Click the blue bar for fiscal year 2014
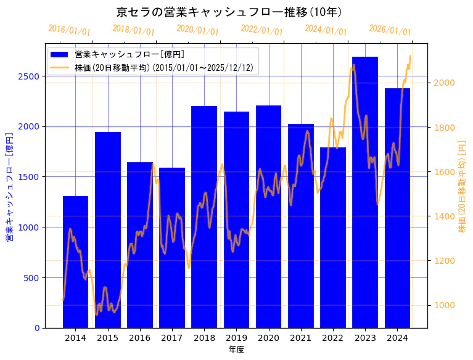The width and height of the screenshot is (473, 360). point(75,262)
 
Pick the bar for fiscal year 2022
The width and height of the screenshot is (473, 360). point(333,237)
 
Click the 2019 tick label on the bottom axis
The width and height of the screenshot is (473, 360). point(236,337)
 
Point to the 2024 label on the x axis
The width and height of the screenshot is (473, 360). point(397,337)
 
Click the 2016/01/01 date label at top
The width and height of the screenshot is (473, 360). point(69,30)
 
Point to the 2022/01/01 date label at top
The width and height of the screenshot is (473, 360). point(261,30)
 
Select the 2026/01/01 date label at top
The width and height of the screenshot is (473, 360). point(390,30)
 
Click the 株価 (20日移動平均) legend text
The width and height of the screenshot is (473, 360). point(164,68)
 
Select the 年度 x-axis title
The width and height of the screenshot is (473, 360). point(236,350)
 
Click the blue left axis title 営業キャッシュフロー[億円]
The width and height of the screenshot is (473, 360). point(10,187)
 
